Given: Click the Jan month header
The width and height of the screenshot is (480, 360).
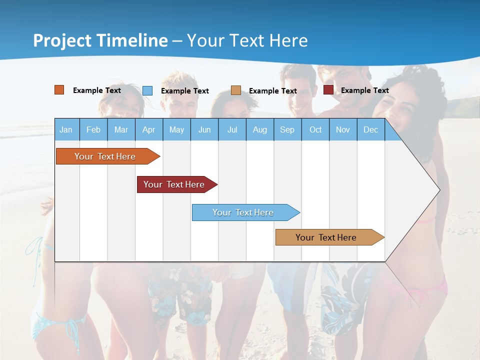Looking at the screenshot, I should point(66,129).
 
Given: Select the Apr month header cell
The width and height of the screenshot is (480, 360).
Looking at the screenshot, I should point(148,129).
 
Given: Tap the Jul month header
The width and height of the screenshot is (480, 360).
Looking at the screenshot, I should point(232,129).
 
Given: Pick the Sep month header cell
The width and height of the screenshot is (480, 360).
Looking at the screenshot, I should point(287,129).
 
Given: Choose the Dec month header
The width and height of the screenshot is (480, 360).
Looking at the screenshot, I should point(370,129).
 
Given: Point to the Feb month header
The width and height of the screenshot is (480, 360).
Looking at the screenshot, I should point(93,129).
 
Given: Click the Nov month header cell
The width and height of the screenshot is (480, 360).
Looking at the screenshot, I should point(342,129).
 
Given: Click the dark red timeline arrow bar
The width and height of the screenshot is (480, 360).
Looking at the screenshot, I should point(175,184).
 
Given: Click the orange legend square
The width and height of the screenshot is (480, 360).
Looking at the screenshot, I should point(59,90).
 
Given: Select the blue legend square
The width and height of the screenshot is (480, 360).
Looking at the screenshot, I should point(147,90).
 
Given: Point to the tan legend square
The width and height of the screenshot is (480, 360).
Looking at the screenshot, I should point(236,90).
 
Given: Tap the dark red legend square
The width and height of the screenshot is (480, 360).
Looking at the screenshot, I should point(328,90).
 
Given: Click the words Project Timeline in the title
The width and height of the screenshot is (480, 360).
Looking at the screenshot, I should point(100,40).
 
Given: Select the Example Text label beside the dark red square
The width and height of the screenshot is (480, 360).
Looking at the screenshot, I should point(364,90).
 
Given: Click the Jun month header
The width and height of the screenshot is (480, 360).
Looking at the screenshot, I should point(204,129).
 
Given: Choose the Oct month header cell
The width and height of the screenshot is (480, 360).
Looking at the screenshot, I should point(315,129).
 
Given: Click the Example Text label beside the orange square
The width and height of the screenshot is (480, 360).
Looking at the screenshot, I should point(96,90).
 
